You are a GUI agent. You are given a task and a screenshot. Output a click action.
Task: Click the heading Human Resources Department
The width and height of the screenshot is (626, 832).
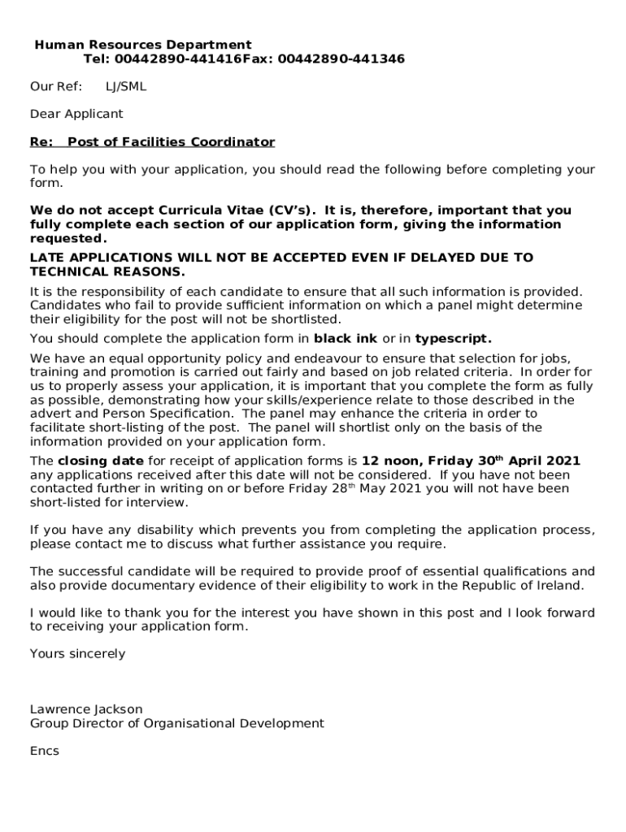tap(142, 45)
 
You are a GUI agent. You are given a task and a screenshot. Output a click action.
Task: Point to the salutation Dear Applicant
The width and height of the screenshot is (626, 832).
tap(76, 114)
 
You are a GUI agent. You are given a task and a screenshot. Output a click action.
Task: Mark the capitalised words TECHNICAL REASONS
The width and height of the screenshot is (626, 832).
tap(107, 271)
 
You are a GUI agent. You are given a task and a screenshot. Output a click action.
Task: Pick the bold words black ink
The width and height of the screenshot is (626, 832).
tap(346, 338)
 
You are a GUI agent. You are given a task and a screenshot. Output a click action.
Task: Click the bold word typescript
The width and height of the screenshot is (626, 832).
tap(453, 338)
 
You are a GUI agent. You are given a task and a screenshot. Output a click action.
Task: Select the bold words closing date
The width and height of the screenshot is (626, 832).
tap(101, 461)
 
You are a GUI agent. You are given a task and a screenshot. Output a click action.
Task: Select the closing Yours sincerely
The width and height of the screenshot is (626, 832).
tap(77, 653)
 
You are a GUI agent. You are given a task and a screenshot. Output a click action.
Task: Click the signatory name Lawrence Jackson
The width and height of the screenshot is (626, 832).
tap(86, 709)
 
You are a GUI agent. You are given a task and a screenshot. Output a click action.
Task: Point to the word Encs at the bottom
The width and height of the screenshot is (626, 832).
tap(45, 751)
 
